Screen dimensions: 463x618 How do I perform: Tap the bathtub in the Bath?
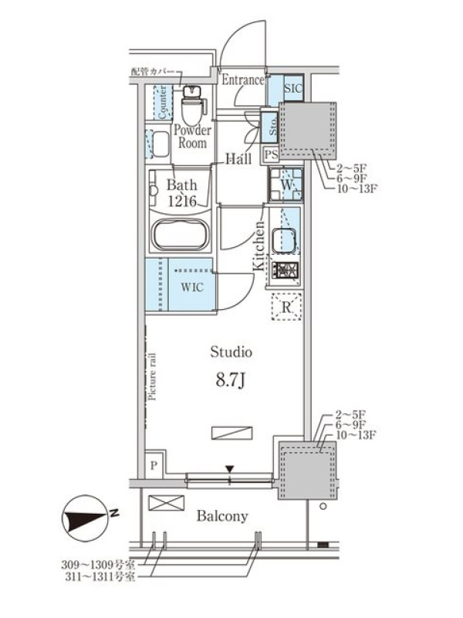point(181,234)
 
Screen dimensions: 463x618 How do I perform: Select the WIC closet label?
point(192,287)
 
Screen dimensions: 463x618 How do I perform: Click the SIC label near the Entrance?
point(293,88)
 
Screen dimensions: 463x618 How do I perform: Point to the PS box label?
point(272,154)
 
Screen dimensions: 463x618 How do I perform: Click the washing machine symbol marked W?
point(286,185)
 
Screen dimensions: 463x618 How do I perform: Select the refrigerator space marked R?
point(286,307)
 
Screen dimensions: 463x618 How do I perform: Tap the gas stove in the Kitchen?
point(286,270)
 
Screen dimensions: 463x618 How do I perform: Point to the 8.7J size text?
point(231,380)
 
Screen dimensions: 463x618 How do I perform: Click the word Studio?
point(231,351)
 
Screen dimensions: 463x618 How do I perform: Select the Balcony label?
point(222,516)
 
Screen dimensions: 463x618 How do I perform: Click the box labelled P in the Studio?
point(154,465)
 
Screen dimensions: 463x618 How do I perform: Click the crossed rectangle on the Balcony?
point(166,503)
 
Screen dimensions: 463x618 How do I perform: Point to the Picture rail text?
point(152,376)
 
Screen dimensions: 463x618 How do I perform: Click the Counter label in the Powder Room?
point(163,103)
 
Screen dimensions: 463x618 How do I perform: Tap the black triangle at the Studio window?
point(230,469)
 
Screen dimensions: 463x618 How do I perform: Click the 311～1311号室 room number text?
point(100,576)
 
